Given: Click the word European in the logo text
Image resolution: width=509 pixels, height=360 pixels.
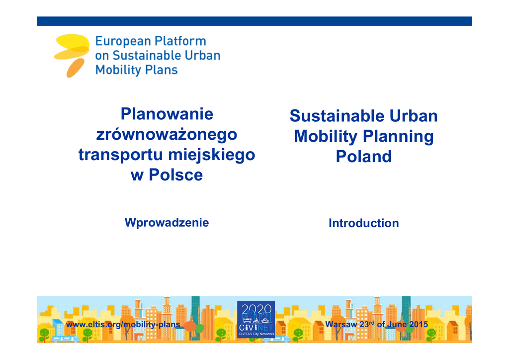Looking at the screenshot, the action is [123, 41].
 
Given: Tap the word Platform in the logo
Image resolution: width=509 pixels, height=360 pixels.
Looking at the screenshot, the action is [180, 41].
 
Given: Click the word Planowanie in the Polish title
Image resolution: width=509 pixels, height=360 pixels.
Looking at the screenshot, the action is [167, 114].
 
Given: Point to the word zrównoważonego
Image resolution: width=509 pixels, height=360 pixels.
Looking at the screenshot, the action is [167, 135].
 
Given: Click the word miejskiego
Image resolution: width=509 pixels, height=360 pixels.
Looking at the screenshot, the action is [212, 155].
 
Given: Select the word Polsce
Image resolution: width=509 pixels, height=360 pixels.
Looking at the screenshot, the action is [175, 175].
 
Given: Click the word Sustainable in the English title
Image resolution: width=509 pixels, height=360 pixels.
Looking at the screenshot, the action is [337, 116].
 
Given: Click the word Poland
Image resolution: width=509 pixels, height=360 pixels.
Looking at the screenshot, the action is [363, 157].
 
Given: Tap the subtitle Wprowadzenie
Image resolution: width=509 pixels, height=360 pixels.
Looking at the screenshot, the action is [167, 223].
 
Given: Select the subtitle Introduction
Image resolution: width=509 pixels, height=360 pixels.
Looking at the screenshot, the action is [363, 223].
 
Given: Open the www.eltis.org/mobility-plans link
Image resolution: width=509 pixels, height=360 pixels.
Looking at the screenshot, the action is [123, 325].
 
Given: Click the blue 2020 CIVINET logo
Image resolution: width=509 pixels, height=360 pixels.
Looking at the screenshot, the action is [256, 319].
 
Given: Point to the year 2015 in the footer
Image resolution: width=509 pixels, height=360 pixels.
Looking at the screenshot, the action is [418, 324].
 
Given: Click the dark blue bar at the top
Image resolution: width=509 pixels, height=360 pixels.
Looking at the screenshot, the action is [254, 21].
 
